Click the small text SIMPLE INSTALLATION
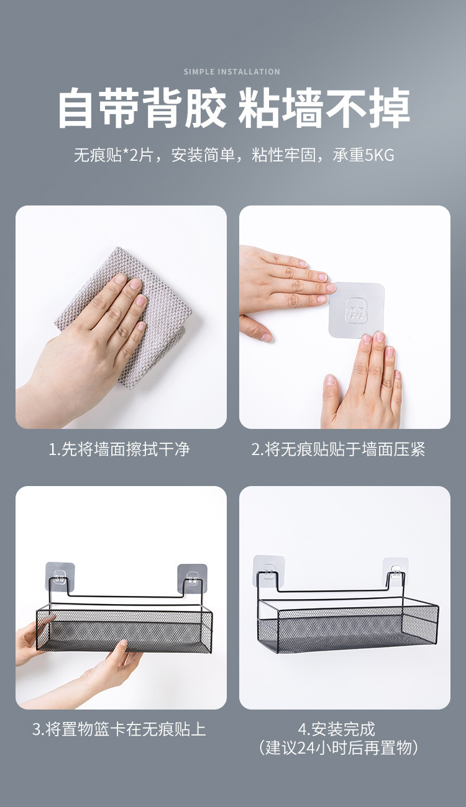(x=232, y=72)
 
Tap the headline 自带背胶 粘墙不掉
(x=234, y=109)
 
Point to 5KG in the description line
(x=376, y=155)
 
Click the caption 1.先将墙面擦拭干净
(x=119, y=449)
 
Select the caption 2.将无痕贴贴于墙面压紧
(x=338, y=449)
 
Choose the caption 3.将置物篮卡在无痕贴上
(x=119, y=729)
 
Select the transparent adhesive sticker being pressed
(x=357, y=310)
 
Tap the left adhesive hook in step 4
(x=269, y=571)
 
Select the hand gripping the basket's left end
(x=31, y=639)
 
